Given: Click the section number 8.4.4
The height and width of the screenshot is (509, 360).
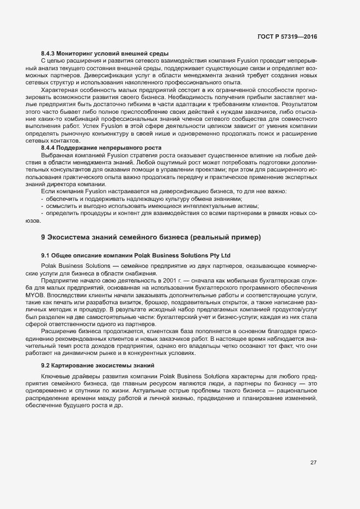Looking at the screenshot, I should tap(50, 148).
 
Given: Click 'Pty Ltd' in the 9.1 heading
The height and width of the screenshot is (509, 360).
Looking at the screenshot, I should tap(220, 255).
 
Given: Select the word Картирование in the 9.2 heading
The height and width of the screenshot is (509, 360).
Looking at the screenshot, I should tap(72, 365).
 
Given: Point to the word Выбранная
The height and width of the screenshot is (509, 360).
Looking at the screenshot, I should tap(58, 155).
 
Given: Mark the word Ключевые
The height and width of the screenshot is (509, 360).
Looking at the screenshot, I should tap(57, 376).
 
